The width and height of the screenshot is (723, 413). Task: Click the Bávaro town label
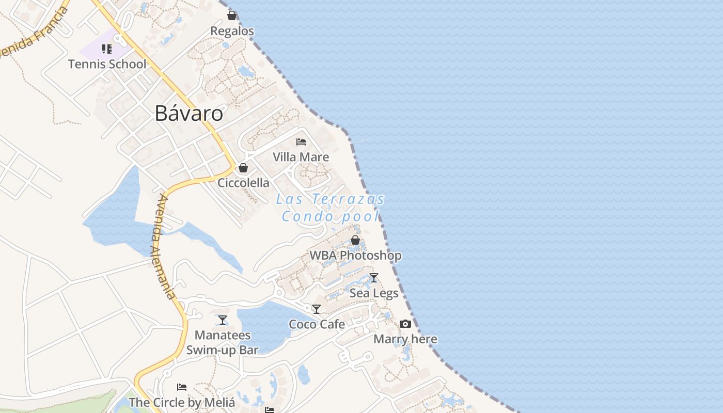(189, 114)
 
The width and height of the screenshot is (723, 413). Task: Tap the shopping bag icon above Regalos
(232, 15)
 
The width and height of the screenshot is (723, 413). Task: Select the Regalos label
(232, 31)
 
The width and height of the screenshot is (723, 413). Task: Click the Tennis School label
(107, 64)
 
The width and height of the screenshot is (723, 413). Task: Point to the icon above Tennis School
(107, 49)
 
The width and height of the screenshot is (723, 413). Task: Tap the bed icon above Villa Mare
(301, 141)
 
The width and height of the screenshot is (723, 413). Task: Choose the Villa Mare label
(301, 157)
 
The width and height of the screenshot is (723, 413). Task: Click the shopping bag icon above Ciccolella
(243, 168)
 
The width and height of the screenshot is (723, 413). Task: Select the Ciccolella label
(243, 183)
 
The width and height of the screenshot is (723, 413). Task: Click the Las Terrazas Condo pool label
(331, 207)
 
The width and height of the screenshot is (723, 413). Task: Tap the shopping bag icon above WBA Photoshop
(355, 240)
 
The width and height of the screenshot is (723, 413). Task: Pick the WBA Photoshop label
(355, 256)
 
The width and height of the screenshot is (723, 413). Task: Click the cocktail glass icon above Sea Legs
(374, 278)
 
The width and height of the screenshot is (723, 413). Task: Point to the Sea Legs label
(374, 293)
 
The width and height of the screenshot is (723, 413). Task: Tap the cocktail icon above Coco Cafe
(317, 309)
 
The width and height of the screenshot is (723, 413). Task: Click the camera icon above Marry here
(405, 324)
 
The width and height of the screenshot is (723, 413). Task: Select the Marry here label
(405, 339)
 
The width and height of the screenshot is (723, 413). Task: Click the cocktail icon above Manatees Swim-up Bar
(222, 320)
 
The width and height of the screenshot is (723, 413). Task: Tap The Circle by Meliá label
(182, 402)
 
